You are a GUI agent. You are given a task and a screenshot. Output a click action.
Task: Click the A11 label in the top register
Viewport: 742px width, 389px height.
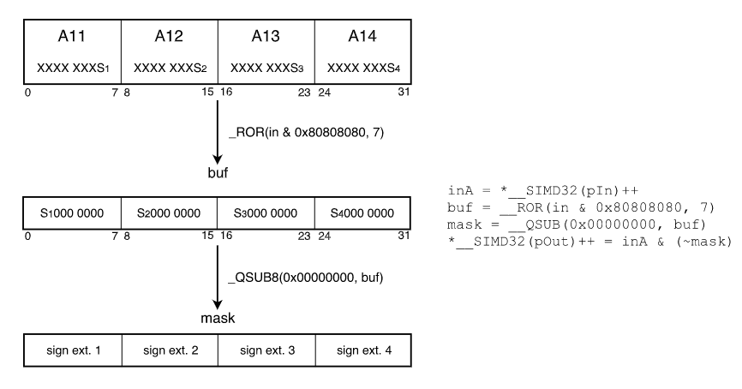[73, 37]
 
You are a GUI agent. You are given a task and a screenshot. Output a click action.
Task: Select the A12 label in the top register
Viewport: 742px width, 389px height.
[170, 37]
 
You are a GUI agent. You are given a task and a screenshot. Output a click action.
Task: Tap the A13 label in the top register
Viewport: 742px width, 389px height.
[266, 37]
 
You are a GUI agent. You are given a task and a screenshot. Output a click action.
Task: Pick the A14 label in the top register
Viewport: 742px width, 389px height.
[363, 37]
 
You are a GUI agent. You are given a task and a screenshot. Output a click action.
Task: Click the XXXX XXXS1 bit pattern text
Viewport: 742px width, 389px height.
[73, 67]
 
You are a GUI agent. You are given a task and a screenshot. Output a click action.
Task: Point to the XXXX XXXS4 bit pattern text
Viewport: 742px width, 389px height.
[363, 67]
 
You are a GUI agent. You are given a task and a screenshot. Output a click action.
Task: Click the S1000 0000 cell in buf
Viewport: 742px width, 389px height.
[73, 213]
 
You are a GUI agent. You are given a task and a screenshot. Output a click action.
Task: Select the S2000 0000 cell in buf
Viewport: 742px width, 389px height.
[170, 213]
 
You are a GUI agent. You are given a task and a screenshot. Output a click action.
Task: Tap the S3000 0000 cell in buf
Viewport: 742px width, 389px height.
[266, 213]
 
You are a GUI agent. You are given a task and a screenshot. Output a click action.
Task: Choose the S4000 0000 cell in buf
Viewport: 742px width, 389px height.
[363, 213]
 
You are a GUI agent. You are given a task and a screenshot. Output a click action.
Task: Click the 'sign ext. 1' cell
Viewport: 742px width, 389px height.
[73, 350]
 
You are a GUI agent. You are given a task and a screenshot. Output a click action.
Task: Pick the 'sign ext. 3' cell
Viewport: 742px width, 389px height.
[266, 350]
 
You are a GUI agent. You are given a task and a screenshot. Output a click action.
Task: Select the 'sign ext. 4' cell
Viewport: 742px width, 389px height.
[363, 350]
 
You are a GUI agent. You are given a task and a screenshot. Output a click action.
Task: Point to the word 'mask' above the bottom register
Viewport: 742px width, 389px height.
[218, 318]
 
